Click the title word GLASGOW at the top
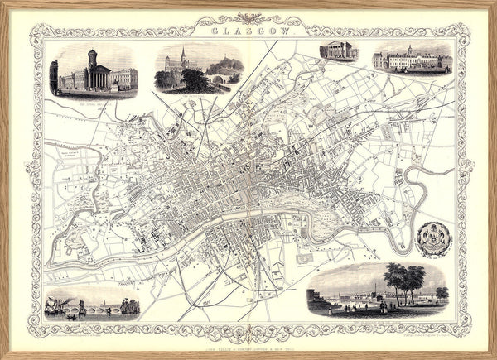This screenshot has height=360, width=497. click(249, 32)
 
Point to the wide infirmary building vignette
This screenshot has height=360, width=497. click(411, 60)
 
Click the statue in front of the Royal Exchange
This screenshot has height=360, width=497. click(113, 83)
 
